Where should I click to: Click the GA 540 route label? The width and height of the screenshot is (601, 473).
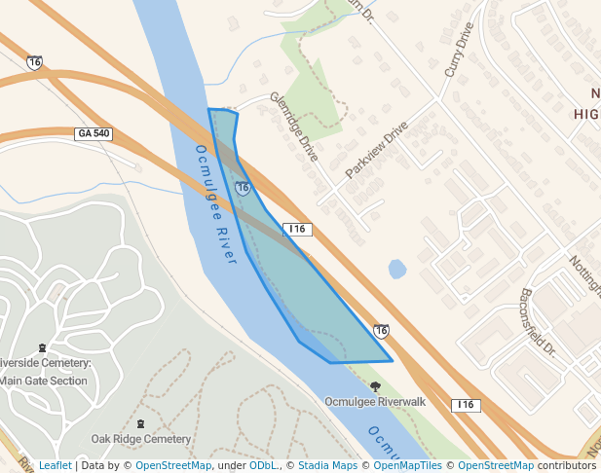coord(94,132)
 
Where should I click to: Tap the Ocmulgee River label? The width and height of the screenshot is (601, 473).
coord(216,203)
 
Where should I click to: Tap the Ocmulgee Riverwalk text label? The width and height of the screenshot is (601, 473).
coord(375,401)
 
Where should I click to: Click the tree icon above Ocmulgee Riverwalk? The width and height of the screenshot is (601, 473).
coord(375,386)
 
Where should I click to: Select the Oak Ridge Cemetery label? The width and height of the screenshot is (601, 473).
coord(141,439)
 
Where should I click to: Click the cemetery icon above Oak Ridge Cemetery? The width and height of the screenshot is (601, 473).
coord(141,424)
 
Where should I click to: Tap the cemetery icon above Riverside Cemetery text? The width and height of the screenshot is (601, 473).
coord(41,347)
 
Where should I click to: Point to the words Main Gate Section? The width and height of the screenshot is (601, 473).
coord(45,381)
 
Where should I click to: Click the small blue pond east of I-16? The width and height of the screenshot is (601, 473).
coord(397,269)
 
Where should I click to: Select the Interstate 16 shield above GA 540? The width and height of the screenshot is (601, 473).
coord(35,62)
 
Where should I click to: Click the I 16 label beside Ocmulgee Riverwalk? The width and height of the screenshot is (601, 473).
coord(466,404)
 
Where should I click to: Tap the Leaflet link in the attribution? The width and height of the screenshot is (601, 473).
coord(55,465)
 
